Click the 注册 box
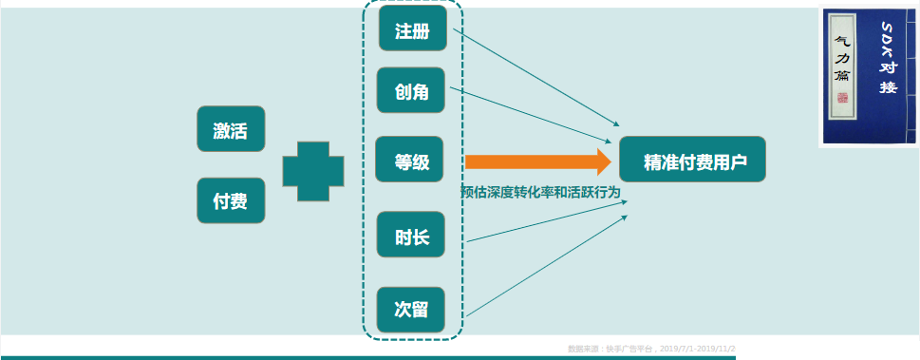coord(412,31)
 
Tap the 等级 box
coord(412,162)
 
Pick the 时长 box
coord(412,237)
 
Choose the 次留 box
coord(412,309)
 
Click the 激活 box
coord(230,129)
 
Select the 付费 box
coord(230,200)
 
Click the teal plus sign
coord(313,171)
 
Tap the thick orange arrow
coord(537,162)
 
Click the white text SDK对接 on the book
coord(887,57)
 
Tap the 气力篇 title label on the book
coord(840,58)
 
